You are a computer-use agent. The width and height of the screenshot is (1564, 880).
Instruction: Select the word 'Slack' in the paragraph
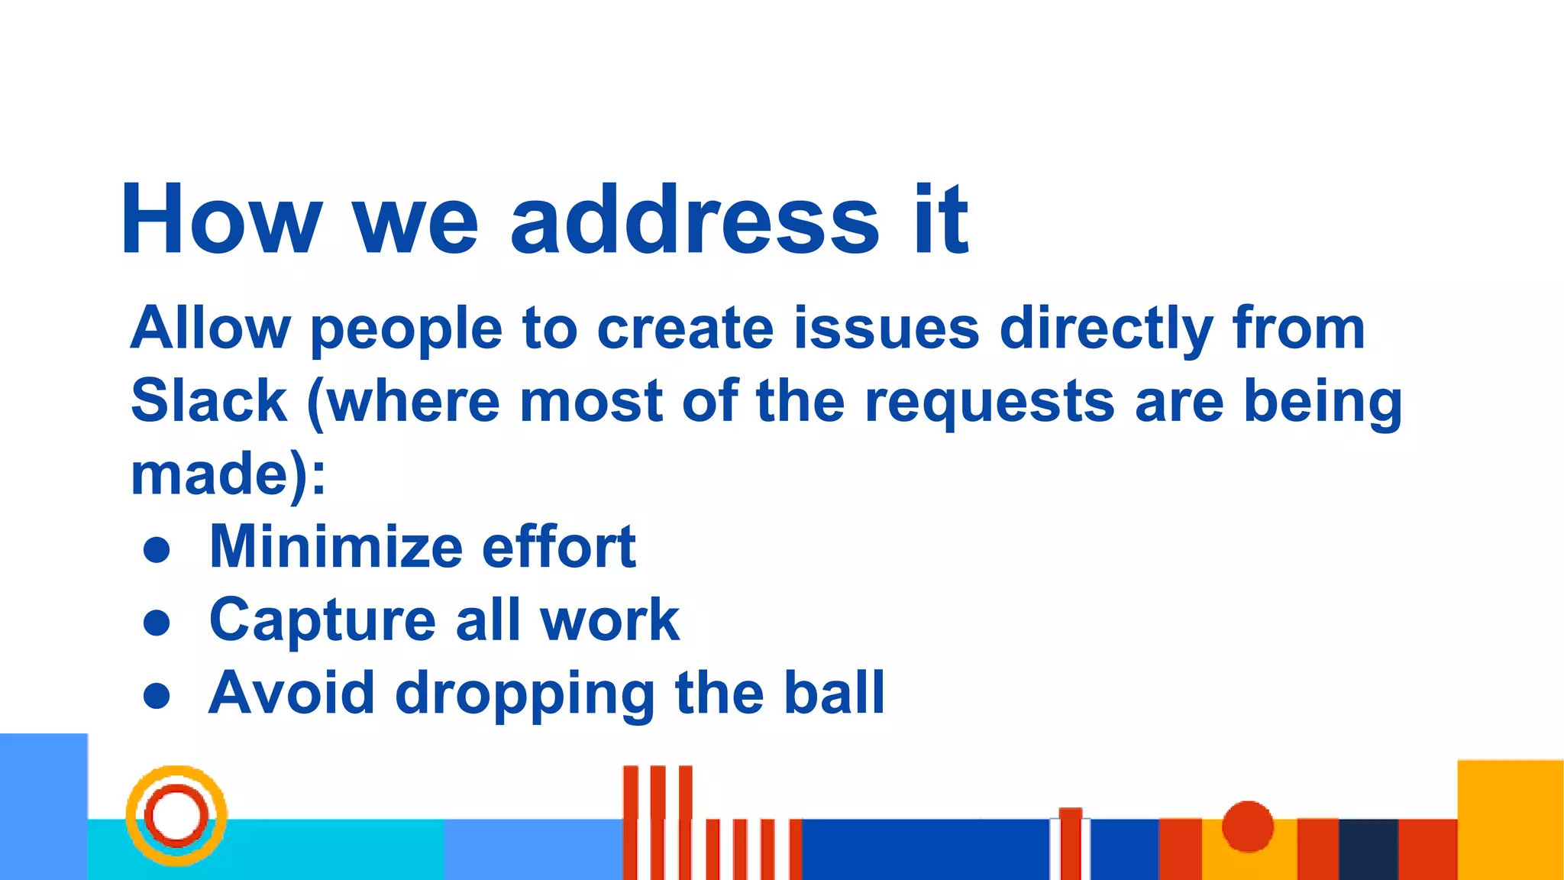(x=208, y=401)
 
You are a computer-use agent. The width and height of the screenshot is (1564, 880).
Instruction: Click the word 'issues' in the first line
(x=886, y=328)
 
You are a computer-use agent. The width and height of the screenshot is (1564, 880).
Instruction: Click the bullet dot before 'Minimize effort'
(x=157, y=550)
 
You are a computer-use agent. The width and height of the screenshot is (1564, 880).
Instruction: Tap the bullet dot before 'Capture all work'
(x=157, y=623)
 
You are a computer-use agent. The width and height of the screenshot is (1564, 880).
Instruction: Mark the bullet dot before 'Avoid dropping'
(x=157, y=695)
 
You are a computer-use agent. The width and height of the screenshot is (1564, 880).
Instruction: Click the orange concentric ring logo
(x=176, y=815)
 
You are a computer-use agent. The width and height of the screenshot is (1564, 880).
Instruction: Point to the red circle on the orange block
(x=1247, y=826)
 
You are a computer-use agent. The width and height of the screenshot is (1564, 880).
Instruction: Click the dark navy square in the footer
(x=1368, y=849)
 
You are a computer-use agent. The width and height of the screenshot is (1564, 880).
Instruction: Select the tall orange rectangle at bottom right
(x=1510, y=819)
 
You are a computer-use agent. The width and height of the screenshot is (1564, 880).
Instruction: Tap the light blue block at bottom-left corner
(x=43, y=806)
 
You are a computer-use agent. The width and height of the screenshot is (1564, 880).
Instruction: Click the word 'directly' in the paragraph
(x=1106, y=328)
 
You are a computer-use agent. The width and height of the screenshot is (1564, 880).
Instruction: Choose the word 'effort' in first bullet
(x=558, y=547)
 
